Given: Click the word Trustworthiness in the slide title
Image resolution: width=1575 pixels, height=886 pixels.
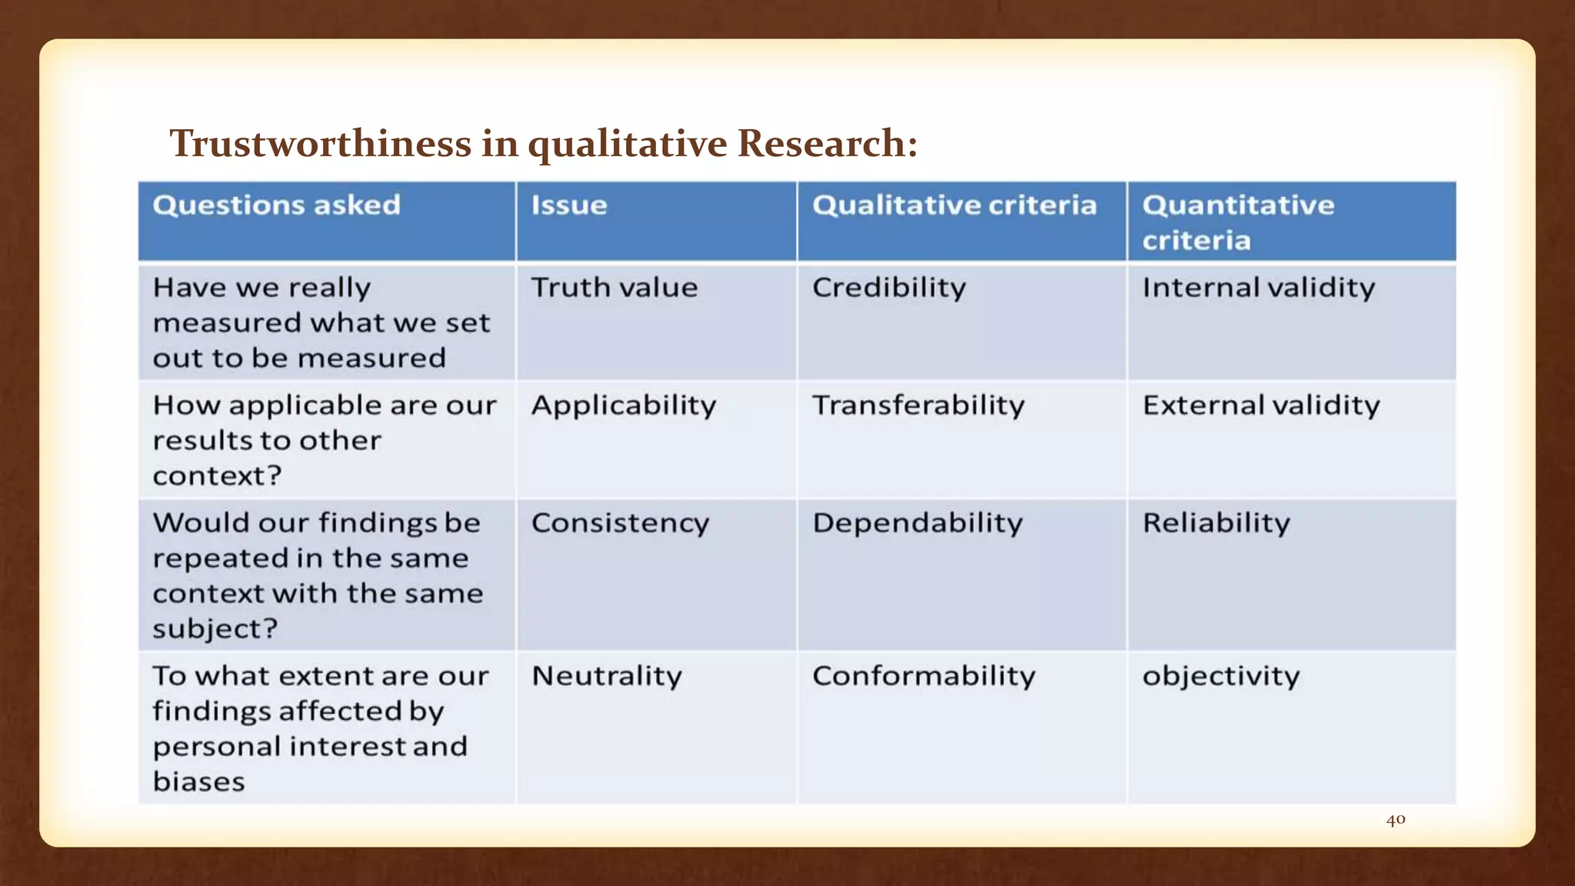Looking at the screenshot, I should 321,144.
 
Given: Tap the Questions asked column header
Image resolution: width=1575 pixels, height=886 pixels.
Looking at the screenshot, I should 277,205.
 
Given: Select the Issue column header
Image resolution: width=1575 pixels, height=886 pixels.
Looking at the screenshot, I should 569,205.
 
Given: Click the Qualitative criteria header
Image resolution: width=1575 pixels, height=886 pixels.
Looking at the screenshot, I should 954,205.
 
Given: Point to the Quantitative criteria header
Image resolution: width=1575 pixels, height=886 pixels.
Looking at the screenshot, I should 1238,222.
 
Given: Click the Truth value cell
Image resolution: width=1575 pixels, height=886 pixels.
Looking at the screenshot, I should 614,288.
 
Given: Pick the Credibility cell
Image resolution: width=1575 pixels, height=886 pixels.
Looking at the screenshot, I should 889,288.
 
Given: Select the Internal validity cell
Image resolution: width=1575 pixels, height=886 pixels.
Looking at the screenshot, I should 1259,288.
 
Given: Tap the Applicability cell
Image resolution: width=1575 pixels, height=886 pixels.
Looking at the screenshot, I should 624,406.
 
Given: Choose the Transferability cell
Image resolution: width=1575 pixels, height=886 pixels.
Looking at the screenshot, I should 918,405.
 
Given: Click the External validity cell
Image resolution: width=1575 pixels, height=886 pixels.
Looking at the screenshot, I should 1261,405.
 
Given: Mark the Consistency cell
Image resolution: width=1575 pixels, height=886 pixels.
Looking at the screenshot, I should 620,524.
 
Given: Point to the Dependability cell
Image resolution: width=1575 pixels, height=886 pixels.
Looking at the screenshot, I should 917,523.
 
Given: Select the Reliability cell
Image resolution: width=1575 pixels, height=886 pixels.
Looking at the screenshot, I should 1216,523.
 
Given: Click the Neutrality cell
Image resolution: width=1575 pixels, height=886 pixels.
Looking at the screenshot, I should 607,676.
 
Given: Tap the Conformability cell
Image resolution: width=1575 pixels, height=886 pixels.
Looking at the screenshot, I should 924,676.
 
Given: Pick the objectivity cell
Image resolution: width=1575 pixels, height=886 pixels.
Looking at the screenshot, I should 1221,677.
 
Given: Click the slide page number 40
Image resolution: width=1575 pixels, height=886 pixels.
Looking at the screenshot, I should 1396,820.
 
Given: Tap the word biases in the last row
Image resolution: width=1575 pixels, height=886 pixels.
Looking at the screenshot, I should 199,782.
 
